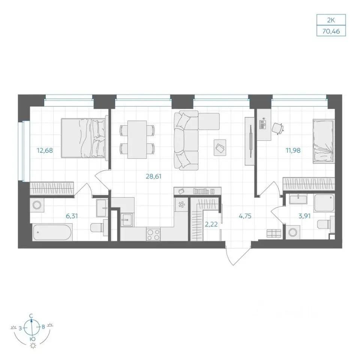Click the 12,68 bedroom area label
click(45, 151)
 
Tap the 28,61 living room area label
click(154, 176)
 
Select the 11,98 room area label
click(293, 151)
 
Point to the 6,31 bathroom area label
click(72, 216)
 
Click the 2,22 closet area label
click(211, 224)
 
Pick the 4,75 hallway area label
click(245, 216)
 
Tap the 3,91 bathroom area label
click(304, 216)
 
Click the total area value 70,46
click(331, 31)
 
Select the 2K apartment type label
click(331, 20)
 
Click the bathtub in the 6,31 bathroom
click(52, 232)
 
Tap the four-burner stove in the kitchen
click(153, 235)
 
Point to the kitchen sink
click(126, 220)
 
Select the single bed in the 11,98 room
click(324, 141)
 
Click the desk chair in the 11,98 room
click(278, 128)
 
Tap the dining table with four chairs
click(137, 139)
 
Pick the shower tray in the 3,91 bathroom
click(324, 203)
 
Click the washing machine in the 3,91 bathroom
click(293, 232)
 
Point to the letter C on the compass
click(31, 316)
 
